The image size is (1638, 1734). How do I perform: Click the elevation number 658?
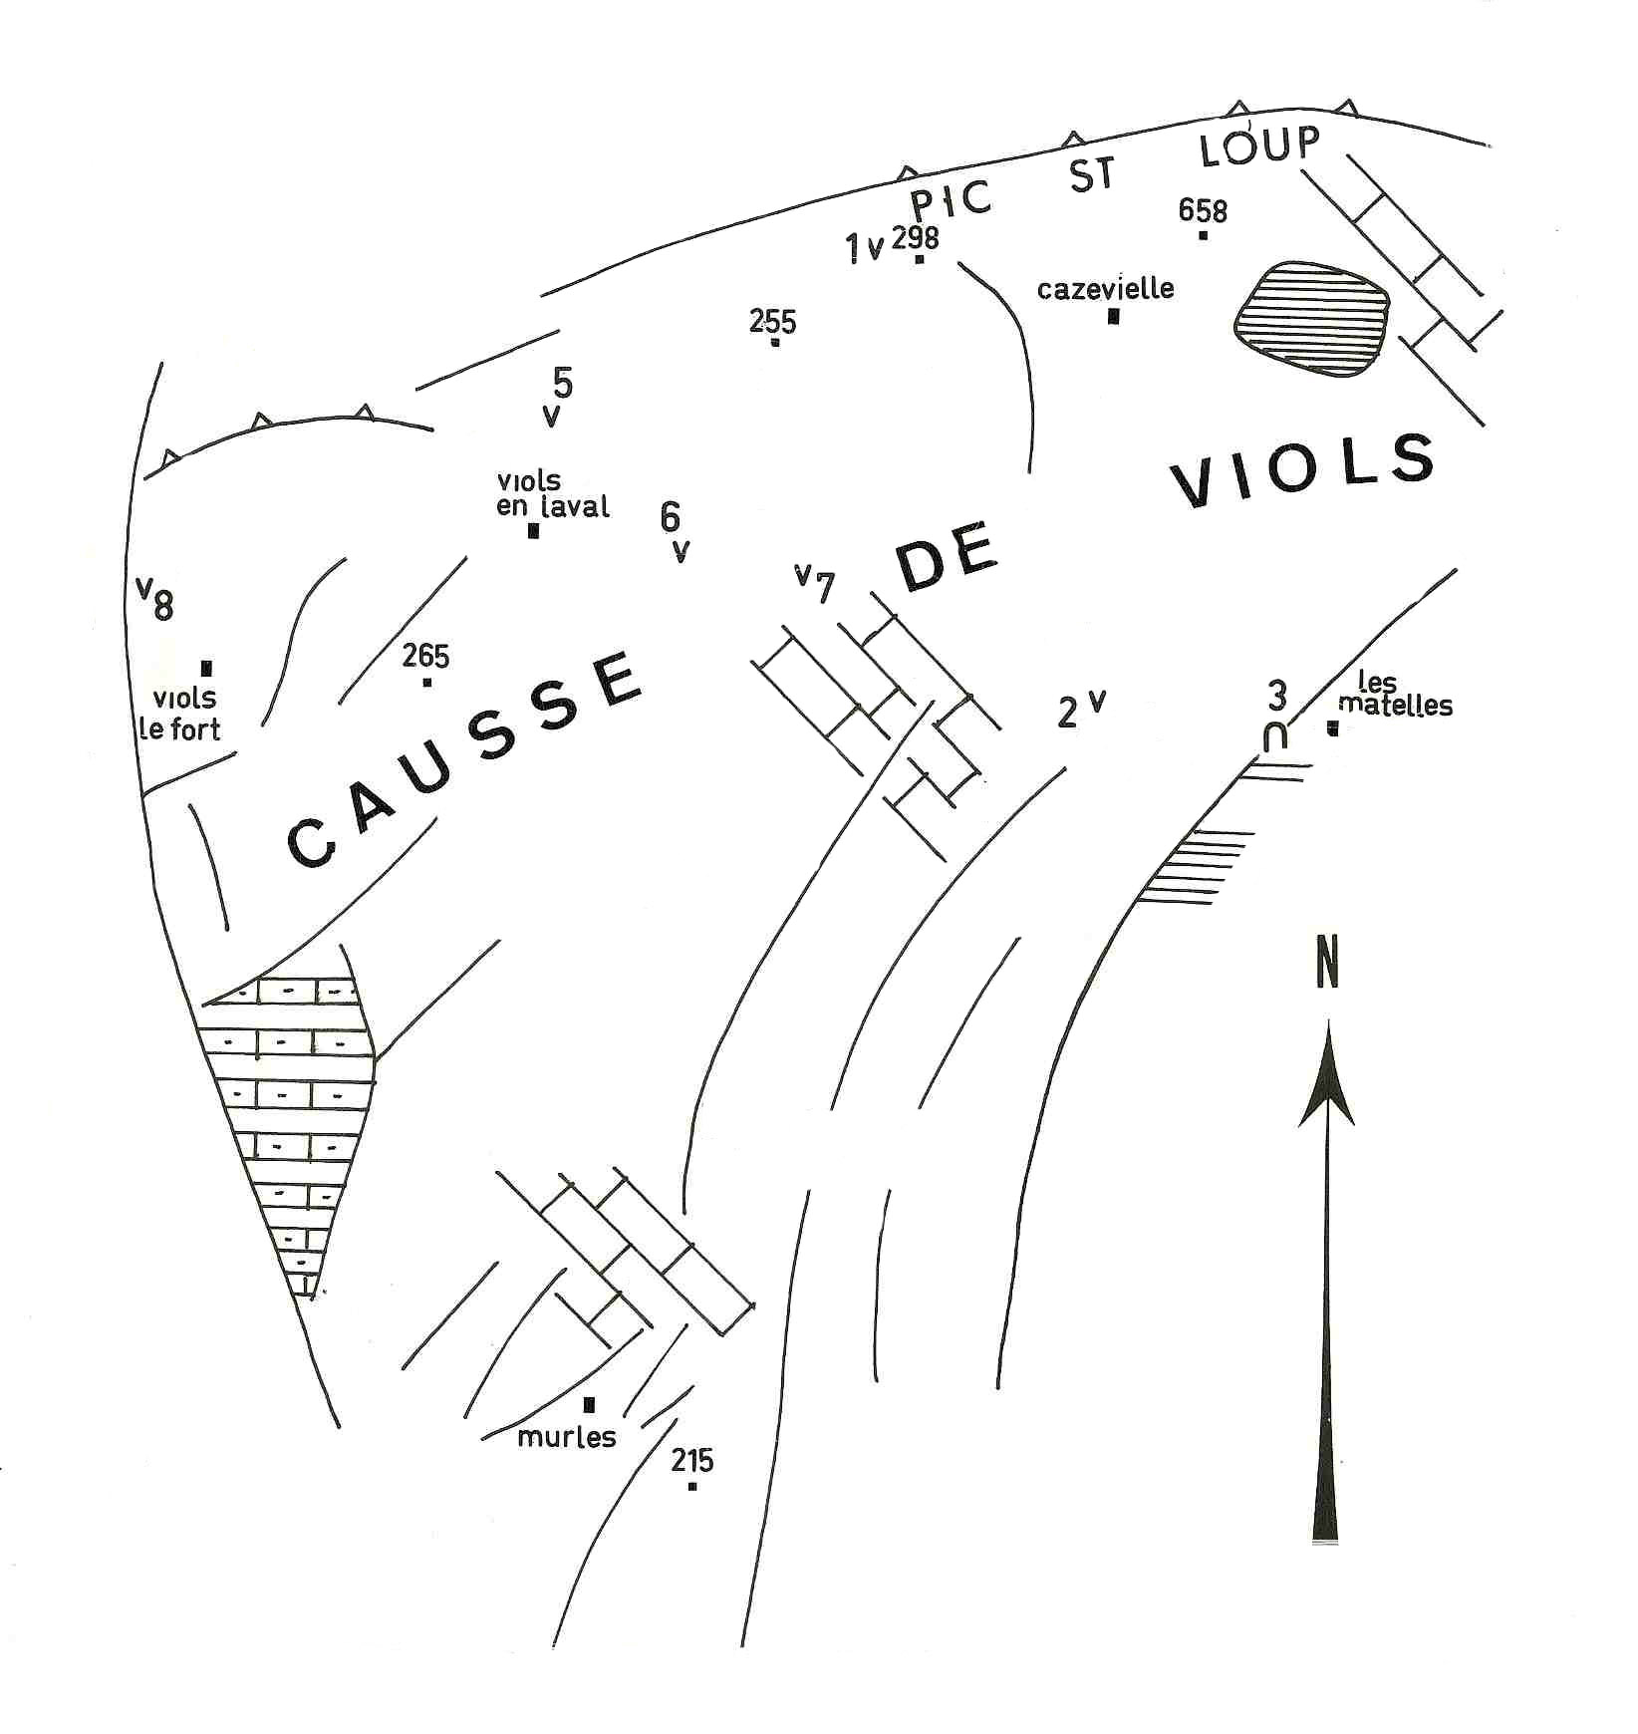1202,211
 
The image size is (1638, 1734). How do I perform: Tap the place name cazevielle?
1105,289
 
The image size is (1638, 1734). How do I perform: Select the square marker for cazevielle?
1113,317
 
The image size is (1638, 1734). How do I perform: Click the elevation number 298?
915,237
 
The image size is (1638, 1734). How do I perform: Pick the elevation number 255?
772,321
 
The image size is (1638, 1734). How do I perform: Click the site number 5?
562,382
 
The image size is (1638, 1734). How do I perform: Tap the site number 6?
670,516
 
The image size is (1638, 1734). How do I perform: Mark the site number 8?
162,605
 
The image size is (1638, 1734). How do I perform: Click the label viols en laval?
552,493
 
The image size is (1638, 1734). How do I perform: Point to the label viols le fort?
181,714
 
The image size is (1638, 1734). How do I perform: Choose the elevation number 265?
425,656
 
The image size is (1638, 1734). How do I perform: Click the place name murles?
567,1437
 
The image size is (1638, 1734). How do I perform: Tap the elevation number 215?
691,1461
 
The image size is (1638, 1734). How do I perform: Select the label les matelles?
1394,695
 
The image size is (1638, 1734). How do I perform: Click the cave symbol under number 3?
1274,737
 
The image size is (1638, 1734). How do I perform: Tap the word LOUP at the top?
1259,146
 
